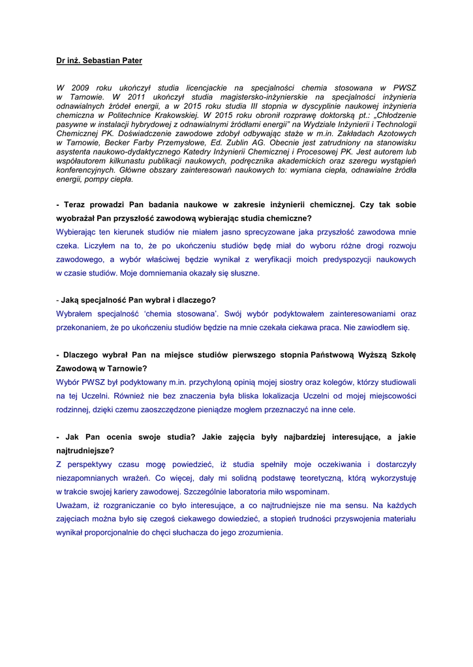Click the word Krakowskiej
point(174,115)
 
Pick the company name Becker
point(112,142)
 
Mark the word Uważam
point(70,505)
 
